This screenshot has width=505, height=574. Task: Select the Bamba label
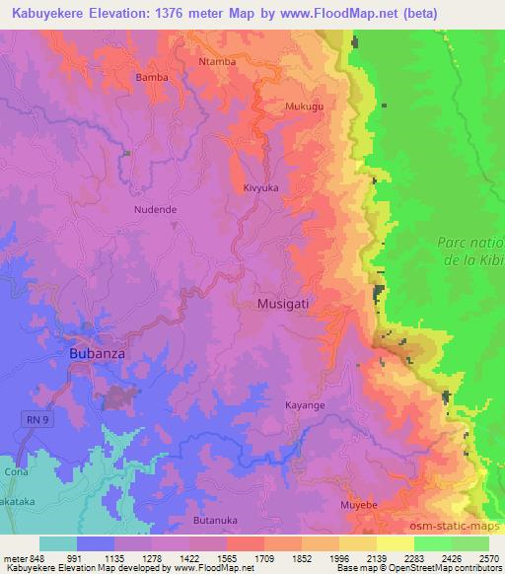point(152,77)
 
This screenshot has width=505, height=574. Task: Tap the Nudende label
point(155,209)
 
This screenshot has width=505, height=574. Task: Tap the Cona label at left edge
point(16,471)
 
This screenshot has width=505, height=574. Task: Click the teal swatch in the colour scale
point(58,542)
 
